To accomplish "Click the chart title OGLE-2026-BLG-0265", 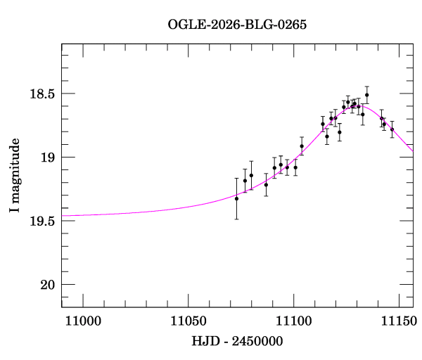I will [x=237, y=24].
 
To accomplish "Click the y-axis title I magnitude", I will [x=15, y=176].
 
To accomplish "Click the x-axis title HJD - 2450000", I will [x=237, y=341].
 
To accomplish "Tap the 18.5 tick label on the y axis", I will [x=42, y=94].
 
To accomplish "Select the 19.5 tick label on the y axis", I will [x=42, y=221].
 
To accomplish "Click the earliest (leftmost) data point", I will [x=236, y=198].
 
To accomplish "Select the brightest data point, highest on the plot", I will [x=366, y=95].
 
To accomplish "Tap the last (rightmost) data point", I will [x=392, y=129].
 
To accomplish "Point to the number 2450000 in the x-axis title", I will [x=259, y=341].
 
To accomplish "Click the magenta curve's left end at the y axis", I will [x=63, y=215].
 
